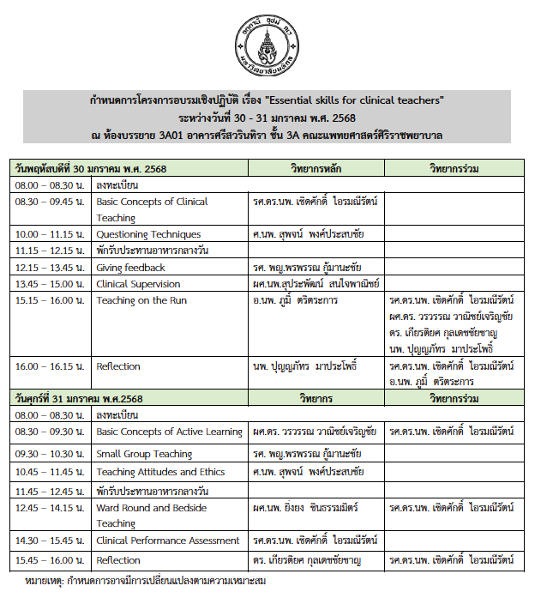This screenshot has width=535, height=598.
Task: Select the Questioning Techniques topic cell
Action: tap(148, 234)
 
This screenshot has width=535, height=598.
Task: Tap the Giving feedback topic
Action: tap(130, 268)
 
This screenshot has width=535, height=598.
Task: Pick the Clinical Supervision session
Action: tap(138, 284)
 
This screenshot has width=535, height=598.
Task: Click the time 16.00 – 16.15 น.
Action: tap(48, 366)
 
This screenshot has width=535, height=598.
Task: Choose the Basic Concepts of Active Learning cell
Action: tap(169, 432)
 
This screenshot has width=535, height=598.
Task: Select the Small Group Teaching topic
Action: tap(144, 454)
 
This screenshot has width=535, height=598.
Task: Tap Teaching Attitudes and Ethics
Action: tap(160, 472)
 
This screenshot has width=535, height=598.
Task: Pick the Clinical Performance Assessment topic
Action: tap(168, 541)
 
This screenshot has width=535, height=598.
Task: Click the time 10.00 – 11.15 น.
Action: tap(48, 234)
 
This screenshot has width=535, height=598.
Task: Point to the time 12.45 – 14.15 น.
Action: tap(48, 508)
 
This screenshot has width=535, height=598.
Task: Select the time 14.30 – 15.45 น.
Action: tap(48, 541)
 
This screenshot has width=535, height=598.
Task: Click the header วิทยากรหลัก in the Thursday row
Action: tap(317, 168)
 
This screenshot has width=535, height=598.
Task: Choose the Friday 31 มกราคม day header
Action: tap(76, 399)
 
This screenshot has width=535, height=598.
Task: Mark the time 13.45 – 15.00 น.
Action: tap(48, 284)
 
